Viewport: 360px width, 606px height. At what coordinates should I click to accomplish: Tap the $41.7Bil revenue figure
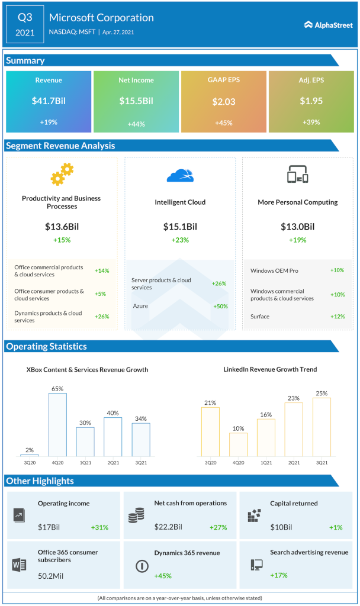pyautogui.click(x=49, y=101)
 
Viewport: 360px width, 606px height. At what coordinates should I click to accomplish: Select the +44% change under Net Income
pyautogui.click(x=136, y=124)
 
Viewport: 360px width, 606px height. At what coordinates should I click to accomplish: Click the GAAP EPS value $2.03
pyautogui.click(x=224, y=101)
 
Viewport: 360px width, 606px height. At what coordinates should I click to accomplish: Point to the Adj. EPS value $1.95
pyautogui.click(x=311, y=101)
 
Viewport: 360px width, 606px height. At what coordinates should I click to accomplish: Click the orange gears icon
pyautogui.click(x=62, y=175)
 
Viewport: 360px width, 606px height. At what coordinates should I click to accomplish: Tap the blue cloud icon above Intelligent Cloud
pyautogui.click(x=180, y=175)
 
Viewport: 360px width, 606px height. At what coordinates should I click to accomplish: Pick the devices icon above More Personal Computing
pyautogui.click(x=298, y=175)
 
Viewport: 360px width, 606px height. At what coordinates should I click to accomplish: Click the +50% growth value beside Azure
pyautogui.click(x=220, y=305)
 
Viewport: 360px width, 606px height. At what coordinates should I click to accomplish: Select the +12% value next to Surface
pyautogui.click(x=337, y=316)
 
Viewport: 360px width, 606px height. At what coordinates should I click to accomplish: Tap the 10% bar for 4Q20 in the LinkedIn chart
pyautogui.click(x=237, y=444)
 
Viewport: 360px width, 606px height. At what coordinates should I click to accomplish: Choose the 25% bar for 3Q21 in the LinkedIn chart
pyautogui.click(x=322, y=427)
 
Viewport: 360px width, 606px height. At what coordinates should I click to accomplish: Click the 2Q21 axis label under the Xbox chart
pyautogui.click(x=112, y=462)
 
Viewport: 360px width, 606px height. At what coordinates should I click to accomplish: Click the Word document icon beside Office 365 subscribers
pyautogui.click(x=20, y=564)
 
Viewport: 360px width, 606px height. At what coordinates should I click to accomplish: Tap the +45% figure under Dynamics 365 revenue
pyautogui.click(x=163, y=575)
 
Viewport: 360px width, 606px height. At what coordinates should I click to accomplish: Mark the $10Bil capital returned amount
pyautogui.click(x=282, y=527)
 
